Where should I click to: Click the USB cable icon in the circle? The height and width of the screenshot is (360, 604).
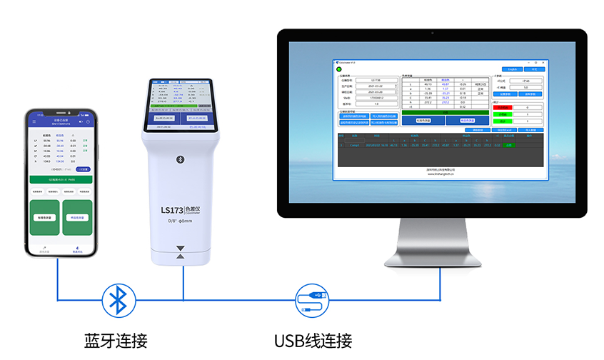[312, 300]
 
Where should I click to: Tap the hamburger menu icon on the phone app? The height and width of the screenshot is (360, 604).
[33, 122]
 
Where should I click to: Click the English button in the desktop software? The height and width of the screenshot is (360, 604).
[511, 69]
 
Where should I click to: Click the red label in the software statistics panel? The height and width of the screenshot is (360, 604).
[502, 108]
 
